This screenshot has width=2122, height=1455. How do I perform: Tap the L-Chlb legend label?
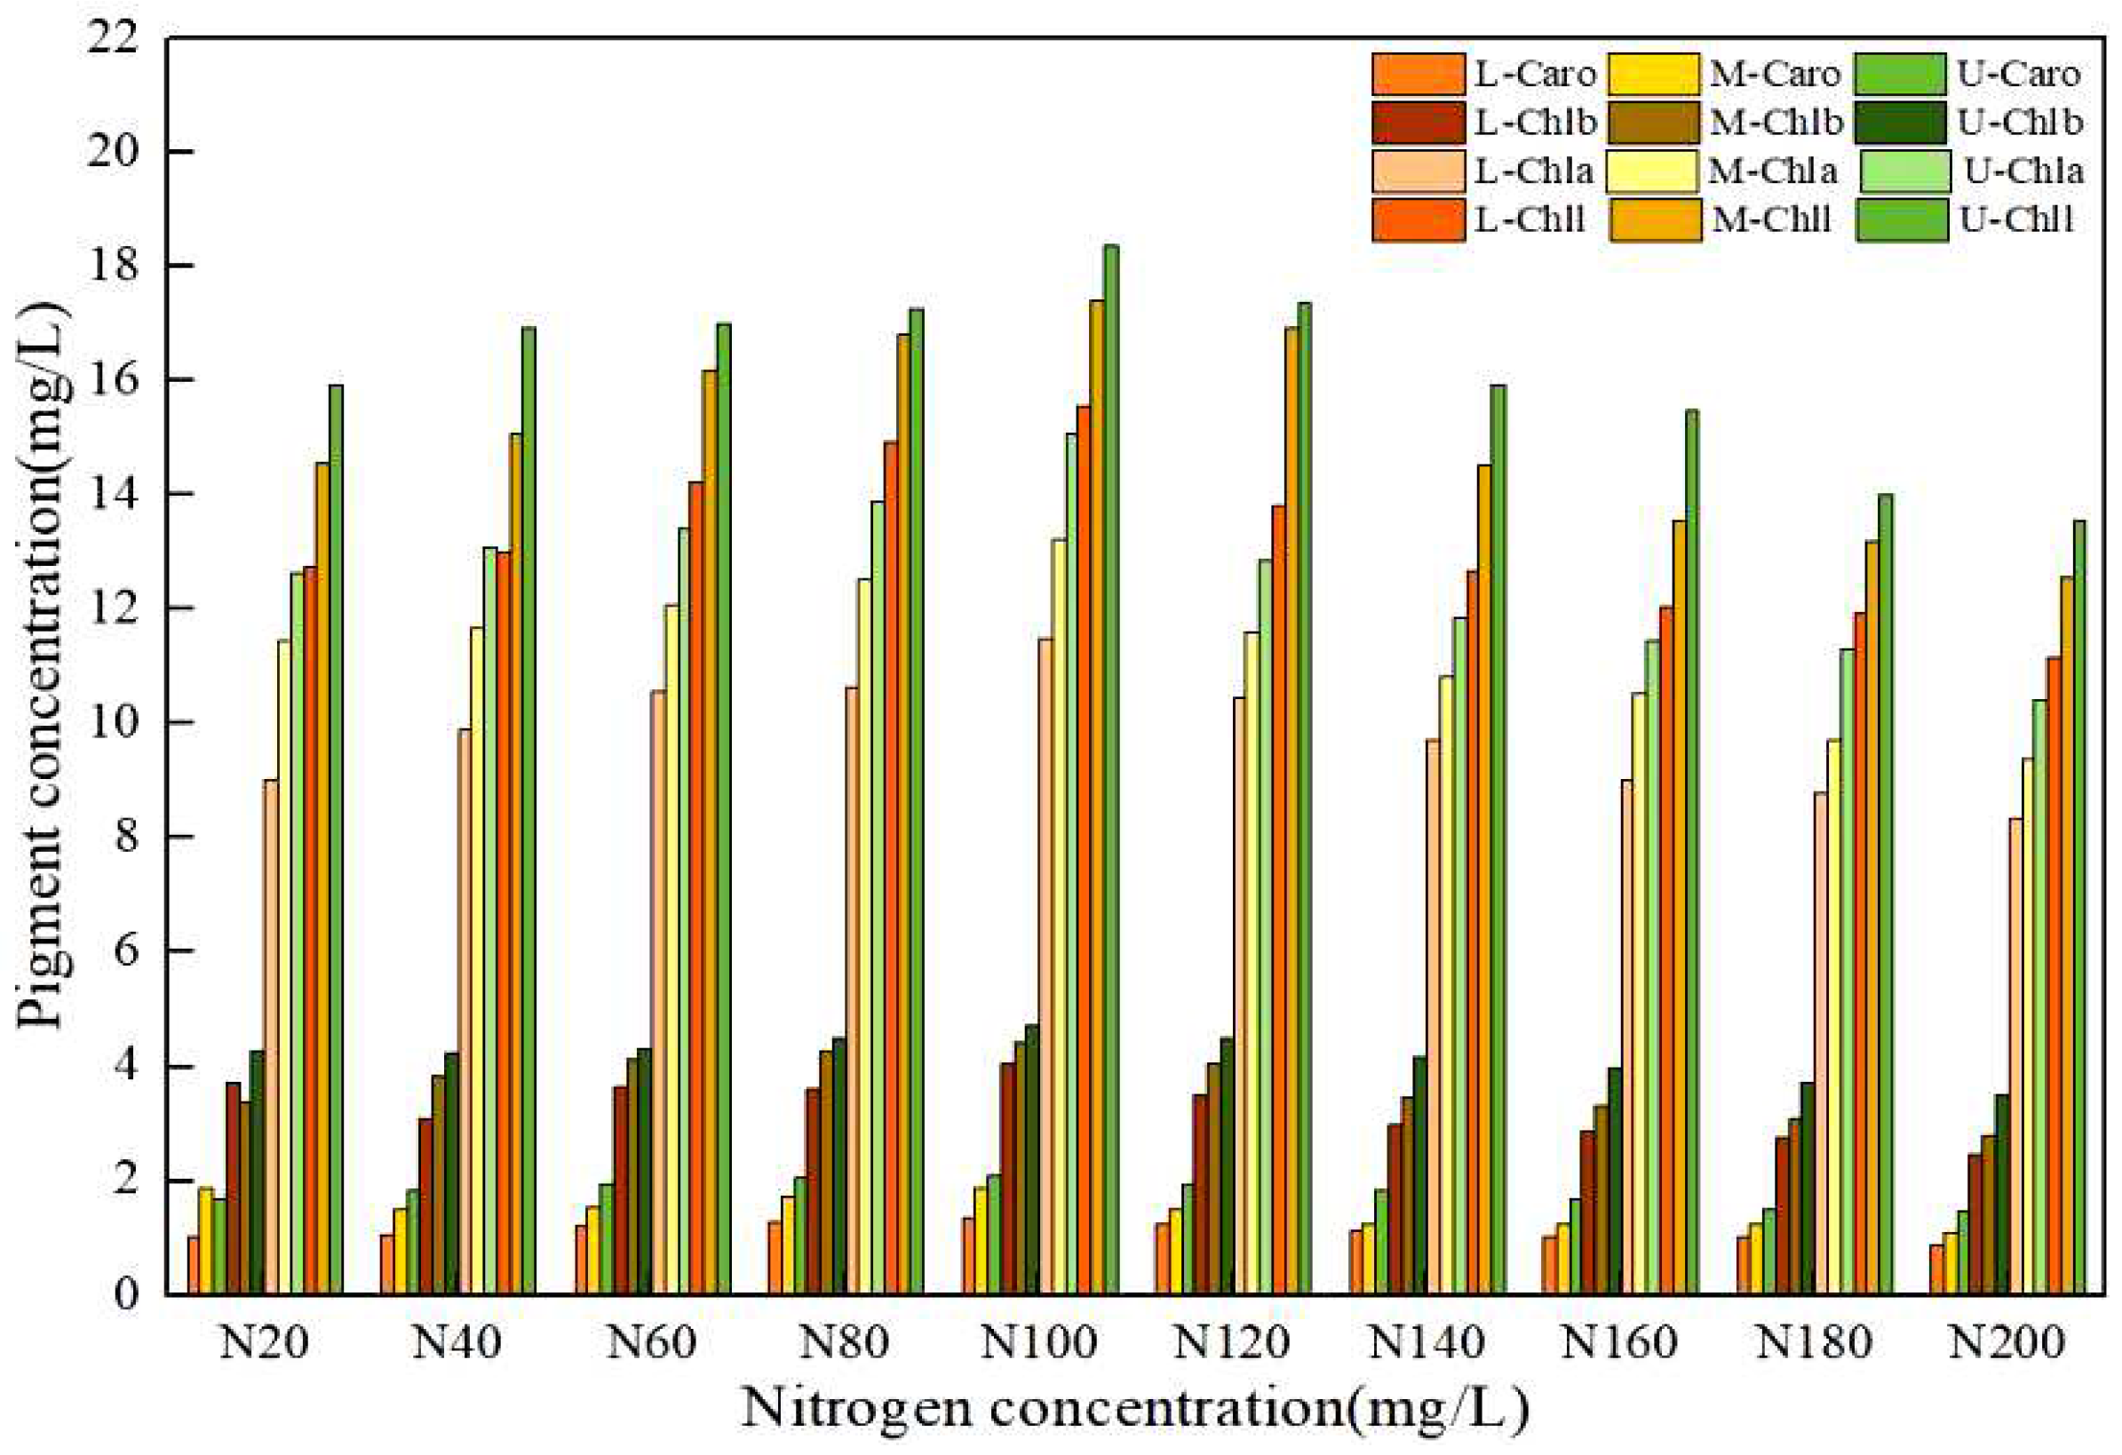pos(1535,123)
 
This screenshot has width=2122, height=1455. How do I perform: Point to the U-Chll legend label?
pos(2017,219)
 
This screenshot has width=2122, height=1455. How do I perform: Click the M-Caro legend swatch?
pos(1655,75)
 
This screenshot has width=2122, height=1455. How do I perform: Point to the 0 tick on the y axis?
pos(131,1294)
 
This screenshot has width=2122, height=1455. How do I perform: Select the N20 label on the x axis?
pos(264,1344)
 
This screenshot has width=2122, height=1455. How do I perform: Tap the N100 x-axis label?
pos(1038,1344)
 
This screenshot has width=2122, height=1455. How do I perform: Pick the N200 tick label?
pos(2006,1344)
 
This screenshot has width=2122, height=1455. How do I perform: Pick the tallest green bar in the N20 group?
pos(336,839)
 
